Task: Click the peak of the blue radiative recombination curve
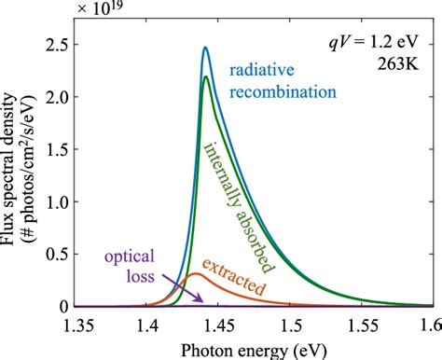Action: coord(205,48)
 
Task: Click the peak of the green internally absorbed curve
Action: coord(205,77)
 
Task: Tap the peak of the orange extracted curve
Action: coord(194,274)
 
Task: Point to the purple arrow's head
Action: coord(202,300)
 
